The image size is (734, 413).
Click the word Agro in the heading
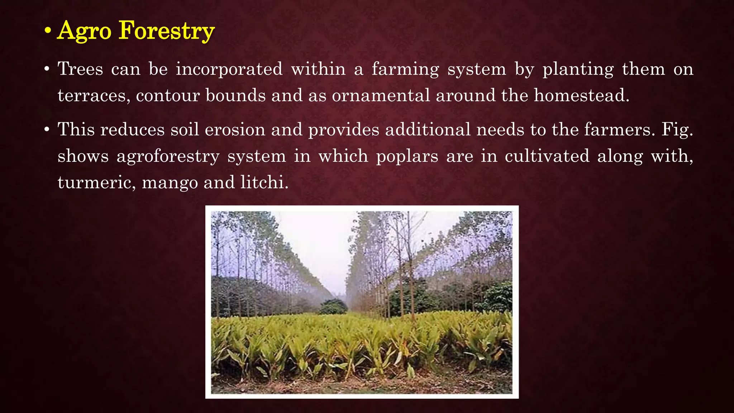pos(85,31)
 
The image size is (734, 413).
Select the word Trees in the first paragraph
pos(80,69)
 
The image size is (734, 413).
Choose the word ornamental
pos(381,96)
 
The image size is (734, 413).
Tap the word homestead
pos(581,96)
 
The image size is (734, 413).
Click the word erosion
pos(235,129)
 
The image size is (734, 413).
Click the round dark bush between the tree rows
pos(333,307)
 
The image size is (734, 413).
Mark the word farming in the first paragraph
pos(405,70)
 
